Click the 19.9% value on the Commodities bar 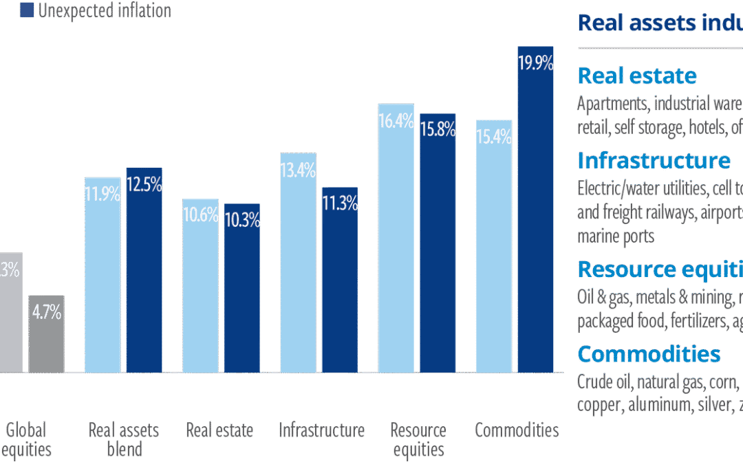(535, 64)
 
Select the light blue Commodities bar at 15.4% (493, 247)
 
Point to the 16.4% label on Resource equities (396, 122)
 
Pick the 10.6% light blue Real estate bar (200, 289)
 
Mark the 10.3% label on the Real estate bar (242, 221)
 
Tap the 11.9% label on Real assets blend (103, 195)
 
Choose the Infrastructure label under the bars (321, 431)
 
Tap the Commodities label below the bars (517, 431)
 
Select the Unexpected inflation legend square (28, 10)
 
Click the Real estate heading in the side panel (637, 76)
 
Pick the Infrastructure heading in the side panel (654, 160)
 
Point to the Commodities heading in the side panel (649, 354)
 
